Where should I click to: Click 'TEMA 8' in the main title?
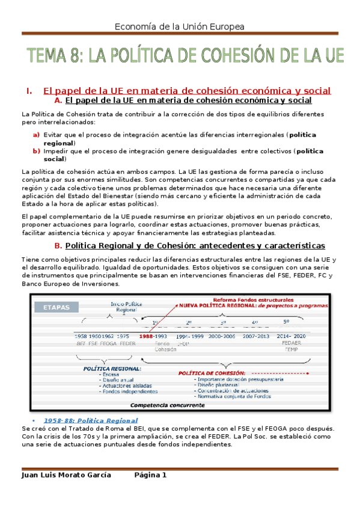[x=55, y=57]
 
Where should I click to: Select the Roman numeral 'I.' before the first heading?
[x=28, y=91]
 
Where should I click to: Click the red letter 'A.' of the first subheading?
[x=58, y=100]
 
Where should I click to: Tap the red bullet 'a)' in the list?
[x=37, y=135]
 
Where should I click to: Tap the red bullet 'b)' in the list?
[x=37, y=151]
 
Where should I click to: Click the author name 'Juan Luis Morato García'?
[x=66, y=475]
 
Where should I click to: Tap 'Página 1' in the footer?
[x=150, y=475]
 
